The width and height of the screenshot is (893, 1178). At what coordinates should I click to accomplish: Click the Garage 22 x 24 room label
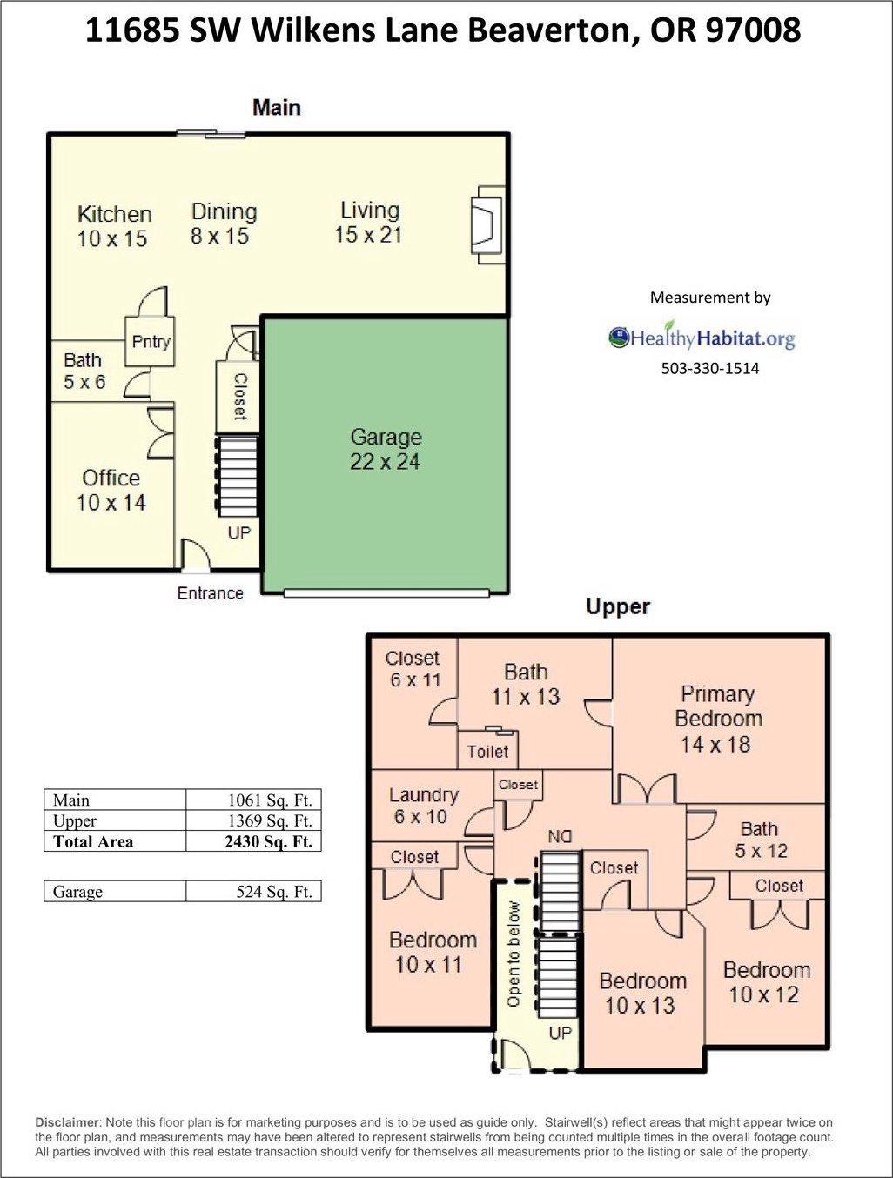385,449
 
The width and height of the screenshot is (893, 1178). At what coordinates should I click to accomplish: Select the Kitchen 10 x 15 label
113,226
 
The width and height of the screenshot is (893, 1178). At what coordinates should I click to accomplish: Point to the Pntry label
151,342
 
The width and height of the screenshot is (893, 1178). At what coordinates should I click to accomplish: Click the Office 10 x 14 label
111,490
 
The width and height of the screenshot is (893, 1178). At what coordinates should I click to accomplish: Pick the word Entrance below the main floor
210,593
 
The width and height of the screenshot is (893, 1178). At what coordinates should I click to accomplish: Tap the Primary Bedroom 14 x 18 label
717,719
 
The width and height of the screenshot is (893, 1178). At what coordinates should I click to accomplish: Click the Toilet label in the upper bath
487,752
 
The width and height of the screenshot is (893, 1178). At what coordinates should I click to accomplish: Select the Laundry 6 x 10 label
422,806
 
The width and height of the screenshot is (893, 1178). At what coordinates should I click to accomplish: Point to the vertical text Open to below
513,954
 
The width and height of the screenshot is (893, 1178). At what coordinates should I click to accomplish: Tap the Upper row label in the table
75,820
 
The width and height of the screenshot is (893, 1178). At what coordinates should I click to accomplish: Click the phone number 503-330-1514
710,368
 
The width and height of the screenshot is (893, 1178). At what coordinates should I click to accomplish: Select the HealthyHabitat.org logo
702,338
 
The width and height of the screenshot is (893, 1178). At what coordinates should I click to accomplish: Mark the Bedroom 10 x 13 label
642,993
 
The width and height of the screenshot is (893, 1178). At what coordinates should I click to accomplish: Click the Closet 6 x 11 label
413,669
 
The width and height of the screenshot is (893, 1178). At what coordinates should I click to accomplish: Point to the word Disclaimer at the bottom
68,1122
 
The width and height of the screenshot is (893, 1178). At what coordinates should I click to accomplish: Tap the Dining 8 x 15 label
223,224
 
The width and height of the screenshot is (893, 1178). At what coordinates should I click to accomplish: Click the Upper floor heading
618,606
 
